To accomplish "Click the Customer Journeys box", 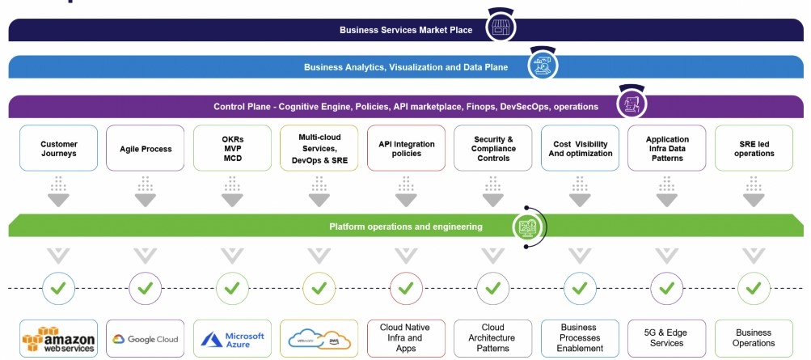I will pos(58,148).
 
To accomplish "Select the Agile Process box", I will pos(145,148).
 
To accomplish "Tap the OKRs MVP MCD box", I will pos(232,148).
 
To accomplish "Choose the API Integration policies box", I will pos(406,148).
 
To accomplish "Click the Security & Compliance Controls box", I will pos(493,148).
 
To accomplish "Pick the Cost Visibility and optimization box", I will pos(580,148).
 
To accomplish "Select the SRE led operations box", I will pos(754,148).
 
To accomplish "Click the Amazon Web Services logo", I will pos(58,338).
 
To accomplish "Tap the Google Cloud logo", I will pos(145,339).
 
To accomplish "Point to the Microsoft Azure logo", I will pos(232,338).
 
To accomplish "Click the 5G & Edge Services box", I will pos(666,338).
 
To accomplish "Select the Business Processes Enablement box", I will pos(580,338).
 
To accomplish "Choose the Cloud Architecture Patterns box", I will pos(493,338).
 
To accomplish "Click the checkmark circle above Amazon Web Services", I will pos(58,287).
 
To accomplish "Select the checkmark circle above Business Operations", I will pos(754,287).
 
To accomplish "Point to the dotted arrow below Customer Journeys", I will pos(58,192).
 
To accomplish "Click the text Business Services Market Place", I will pos(406,30).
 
